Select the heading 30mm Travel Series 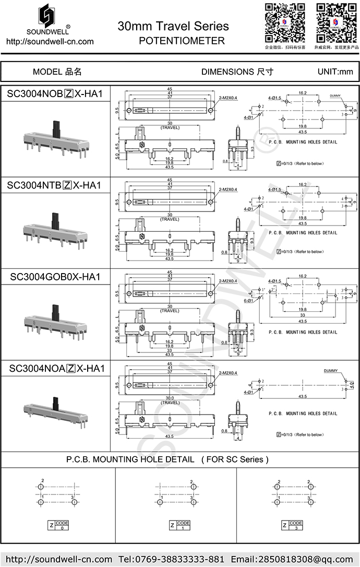[x=173, y=26]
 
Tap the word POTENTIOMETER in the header [x=182, y=40]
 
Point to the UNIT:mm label [x=335, y=72]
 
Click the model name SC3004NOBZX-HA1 [x=55, y=94]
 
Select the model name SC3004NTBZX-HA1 [x=54, y=185]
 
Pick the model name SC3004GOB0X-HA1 [x=55, y=277]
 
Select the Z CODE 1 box [x=179, y=525]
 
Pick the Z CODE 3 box [x=292, y=525]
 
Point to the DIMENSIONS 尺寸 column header [x=237, y=72]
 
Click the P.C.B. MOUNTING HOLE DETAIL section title [x=167, y=460]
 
